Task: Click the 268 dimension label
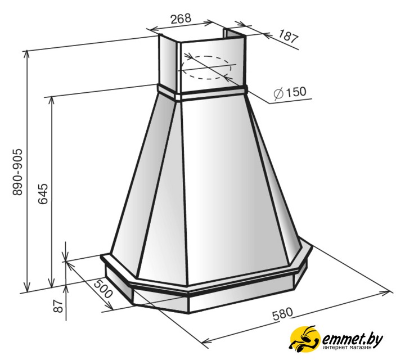[181, 18]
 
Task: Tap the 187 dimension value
[289, 36]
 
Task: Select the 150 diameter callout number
[296, 92]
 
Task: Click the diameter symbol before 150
[278, 93]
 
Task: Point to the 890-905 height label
[18, 172]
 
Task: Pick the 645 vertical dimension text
[43, 193]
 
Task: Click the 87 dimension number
[58, 306]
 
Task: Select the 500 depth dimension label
[103, 288]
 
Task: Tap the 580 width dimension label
[283, 314]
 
